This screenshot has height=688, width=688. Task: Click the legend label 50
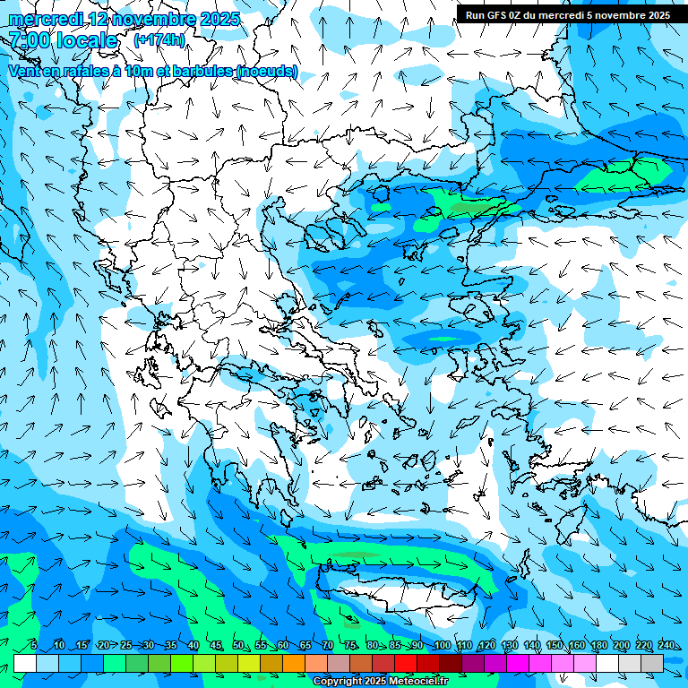pyautogui.click(x=238, y=645)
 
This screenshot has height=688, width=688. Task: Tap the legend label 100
pyautogui.click(x=442, y=645)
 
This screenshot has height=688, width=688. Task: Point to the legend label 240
pyautogui.click(x=666, y=645)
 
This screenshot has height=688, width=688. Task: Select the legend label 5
pyautogui.click(x=34, y=645)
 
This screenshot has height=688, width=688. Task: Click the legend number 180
pyautogui.click(x=598, y=645)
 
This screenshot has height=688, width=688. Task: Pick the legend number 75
pyautogui.click(x=350, y=645)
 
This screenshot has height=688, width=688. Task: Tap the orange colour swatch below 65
pyautogui.click(x=295, y=663)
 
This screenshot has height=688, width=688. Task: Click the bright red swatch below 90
pyautogui.click(x=407, y=663)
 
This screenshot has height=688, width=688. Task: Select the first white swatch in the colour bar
pyautogui.click(x=25, y=663)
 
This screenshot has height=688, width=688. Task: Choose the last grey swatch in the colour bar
pyautogui.click(x=652, y=663)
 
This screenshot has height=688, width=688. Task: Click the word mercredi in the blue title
pyautogui.click(x=46, y=19)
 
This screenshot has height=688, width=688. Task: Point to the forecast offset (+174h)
pyautogui.click(x=159, y=40)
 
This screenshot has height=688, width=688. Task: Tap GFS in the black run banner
pyautogui.click(x=500, y=15)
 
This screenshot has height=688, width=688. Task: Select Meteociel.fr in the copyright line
pyautogui.click(x=418, y=682)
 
